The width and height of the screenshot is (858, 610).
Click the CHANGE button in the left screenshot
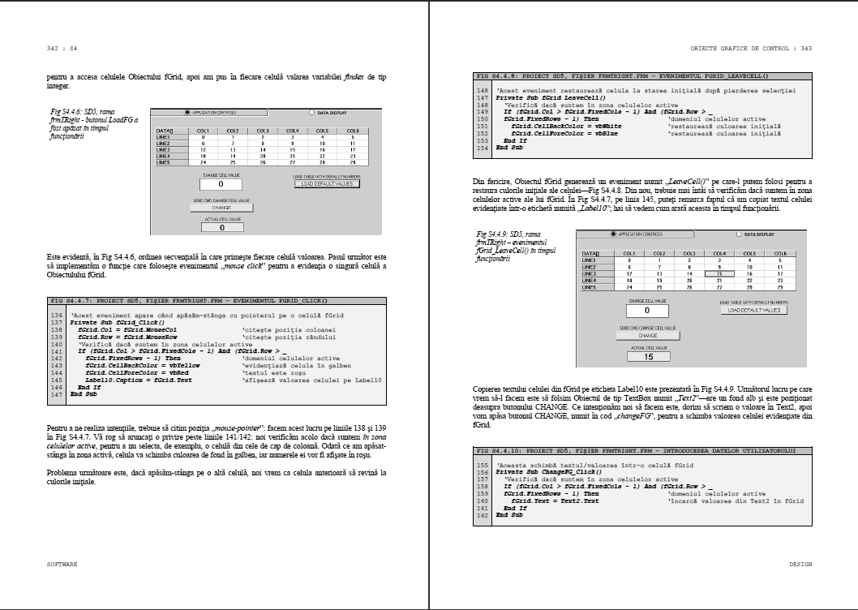tap(221, 208)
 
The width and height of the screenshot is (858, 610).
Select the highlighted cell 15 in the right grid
tap(719, 274)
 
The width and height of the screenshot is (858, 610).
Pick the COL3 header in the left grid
tap(263, 131)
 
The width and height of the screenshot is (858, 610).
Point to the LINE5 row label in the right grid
tap(590, 287)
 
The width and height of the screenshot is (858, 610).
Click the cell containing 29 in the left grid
tap(353, 162)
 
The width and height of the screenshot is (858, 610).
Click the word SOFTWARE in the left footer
tap(62, 563)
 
